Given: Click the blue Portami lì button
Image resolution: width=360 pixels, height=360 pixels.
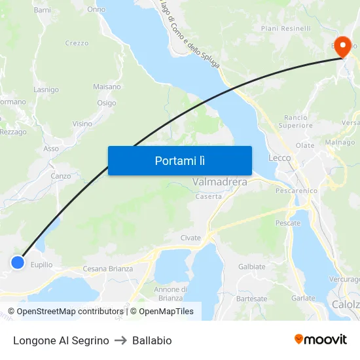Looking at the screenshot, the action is point(179,160).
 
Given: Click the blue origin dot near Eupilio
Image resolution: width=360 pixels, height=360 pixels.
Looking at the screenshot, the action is point(18,262).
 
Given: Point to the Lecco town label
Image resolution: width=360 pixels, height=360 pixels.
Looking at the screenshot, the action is point(279,158).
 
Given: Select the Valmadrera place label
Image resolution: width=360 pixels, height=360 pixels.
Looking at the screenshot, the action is point(220,182).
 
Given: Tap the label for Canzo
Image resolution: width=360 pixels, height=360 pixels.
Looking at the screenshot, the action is point(61,176).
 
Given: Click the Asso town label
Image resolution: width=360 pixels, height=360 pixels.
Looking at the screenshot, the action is point(51,149).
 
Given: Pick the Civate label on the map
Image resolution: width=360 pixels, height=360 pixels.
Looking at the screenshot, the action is point(190,238).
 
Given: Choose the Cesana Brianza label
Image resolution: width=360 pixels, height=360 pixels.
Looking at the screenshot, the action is point(107,269).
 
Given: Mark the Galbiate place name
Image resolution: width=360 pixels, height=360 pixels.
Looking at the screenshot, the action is point(252,266).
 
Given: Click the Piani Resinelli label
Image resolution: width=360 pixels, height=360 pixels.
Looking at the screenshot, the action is point(286,29).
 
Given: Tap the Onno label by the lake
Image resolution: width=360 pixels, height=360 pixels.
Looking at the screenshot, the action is point(96,10).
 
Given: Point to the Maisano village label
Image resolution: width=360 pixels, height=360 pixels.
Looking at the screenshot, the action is point(107,86).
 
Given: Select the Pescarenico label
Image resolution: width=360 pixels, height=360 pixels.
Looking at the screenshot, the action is point(297,191).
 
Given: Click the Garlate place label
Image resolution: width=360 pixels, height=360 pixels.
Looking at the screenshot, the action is point(303,297).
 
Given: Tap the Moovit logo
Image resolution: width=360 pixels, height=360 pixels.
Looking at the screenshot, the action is point(321,340).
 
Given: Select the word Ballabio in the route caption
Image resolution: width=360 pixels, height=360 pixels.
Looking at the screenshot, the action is point(152,340).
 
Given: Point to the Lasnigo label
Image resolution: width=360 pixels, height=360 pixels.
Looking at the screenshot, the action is point(46,90).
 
